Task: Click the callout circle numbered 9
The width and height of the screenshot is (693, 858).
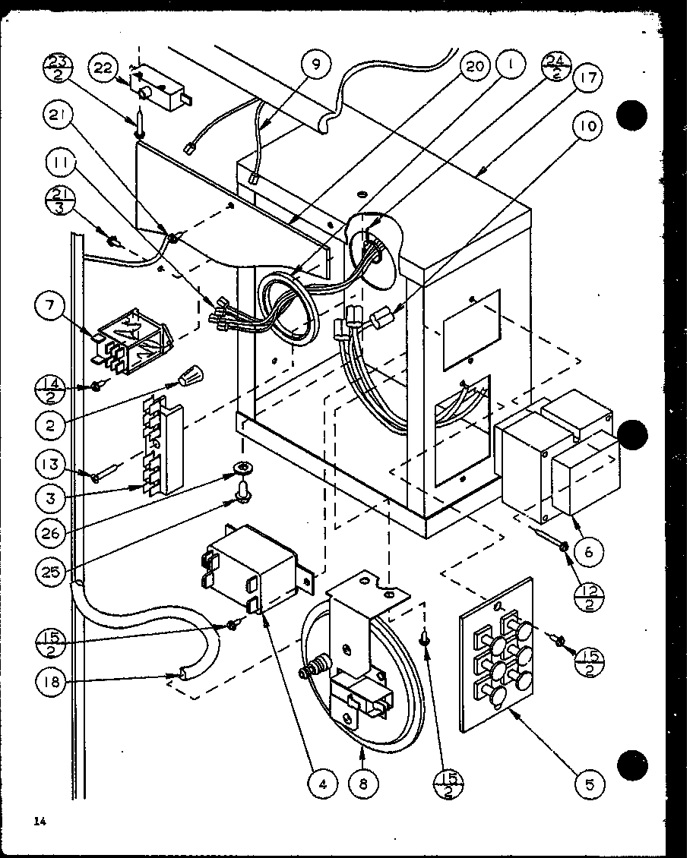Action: (x=315, y=65)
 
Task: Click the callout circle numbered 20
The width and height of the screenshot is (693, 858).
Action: (x=474, y=67)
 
